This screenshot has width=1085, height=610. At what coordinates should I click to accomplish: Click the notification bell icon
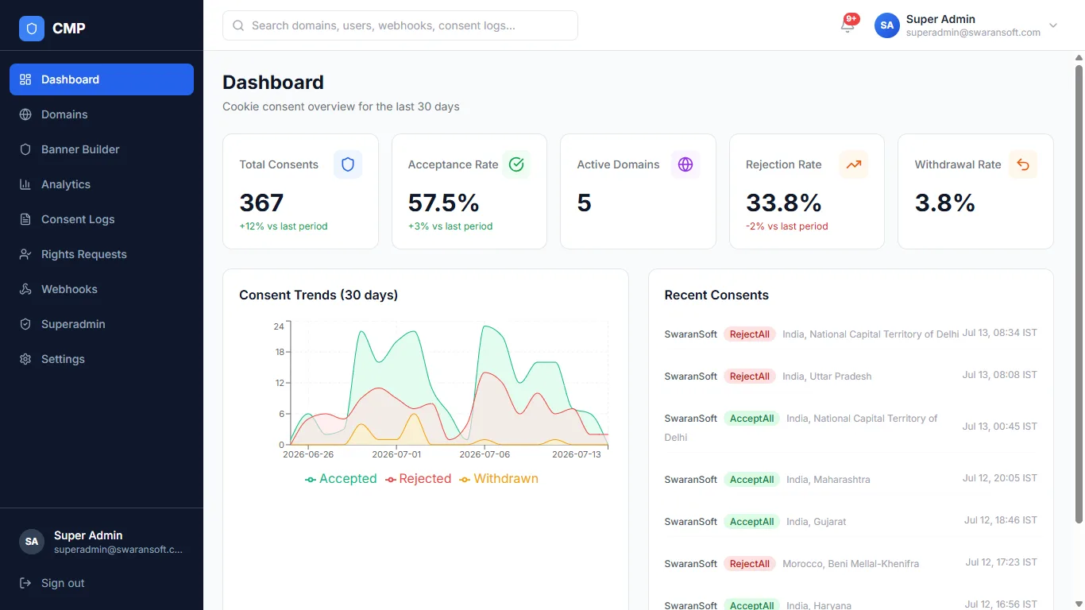[848, 25]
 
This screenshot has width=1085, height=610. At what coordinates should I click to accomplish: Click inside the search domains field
[400, 25]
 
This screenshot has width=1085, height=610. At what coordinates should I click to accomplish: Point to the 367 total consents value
[261, 203]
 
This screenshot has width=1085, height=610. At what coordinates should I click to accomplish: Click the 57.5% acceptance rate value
[443, 203]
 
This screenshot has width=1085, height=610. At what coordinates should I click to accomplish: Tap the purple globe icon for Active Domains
[685, 164]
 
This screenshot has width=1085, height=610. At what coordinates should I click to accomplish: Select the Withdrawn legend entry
[499, 479]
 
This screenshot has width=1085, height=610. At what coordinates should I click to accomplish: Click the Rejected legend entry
[418, 479]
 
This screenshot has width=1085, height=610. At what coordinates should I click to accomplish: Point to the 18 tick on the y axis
[280, 352]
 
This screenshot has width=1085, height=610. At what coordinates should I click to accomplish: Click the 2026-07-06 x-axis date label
[485, 454]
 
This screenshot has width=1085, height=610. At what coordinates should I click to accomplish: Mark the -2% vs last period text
[786, 226]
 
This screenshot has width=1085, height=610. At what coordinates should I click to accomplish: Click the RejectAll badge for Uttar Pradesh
[749, 376]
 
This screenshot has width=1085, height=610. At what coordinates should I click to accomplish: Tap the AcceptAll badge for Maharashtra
[751, 480]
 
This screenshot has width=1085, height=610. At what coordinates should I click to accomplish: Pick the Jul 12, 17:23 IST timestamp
[1002, 562]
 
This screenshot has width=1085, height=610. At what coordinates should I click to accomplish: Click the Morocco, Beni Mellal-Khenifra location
[851, 564]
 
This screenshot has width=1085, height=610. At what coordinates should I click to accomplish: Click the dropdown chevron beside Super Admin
[1053, 25]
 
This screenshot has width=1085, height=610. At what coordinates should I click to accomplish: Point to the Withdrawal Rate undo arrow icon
[1023, 164]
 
